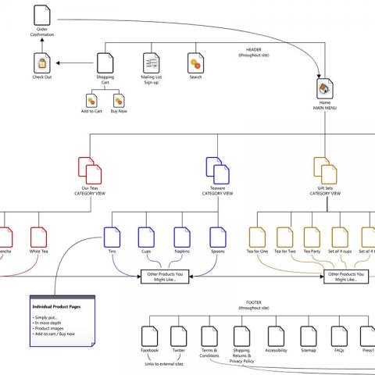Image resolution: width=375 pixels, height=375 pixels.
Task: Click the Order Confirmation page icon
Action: (x=42, y=15)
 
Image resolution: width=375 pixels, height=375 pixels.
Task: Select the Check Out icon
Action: (x=42, y=62)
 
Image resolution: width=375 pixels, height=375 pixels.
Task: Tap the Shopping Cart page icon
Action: (x=105, y=62)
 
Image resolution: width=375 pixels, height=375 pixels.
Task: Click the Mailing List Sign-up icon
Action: (x=151, y=62)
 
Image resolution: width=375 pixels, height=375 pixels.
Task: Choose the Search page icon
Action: (x=195, y=62)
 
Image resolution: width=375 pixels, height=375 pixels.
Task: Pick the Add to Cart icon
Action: (x=91, y=102)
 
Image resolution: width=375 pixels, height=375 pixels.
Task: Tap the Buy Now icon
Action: (x=117, y=102)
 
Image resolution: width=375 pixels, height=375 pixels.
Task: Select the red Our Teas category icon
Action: (x=90, y=170)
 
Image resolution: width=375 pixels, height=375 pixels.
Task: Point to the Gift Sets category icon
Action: (x=323, y=170)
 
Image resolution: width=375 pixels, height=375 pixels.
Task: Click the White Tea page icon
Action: (x=39, y=237)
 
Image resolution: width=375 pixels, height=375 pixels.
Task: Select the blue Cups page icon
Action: (x=146, y=237)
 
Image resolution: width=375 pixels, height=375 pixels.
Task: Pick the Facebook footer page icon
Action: (x=149, y=337)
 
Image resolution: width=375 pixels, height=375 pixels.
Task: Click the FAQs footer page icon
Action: (x=338, y=337)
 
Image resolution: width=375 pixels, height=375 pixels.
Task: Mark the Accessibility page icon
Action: (x=275, y=337)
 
